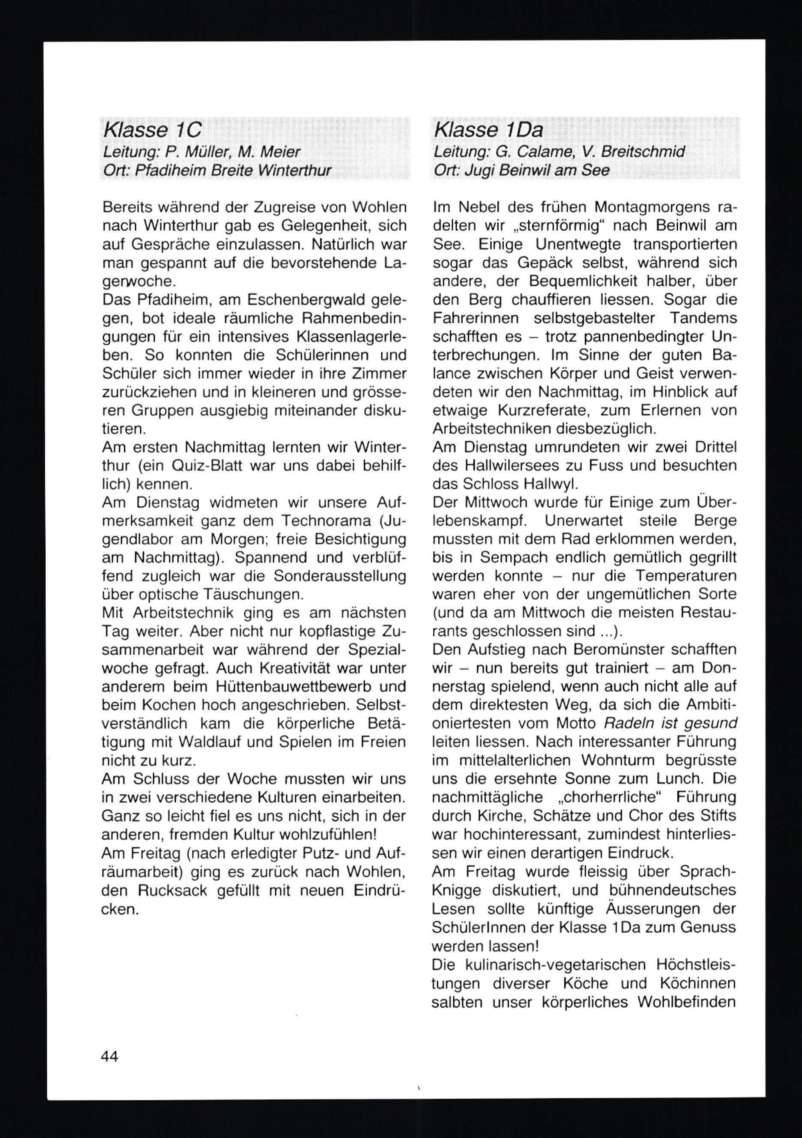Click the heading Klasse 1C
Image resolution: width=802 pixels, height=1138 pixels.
tap(152, 130)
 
